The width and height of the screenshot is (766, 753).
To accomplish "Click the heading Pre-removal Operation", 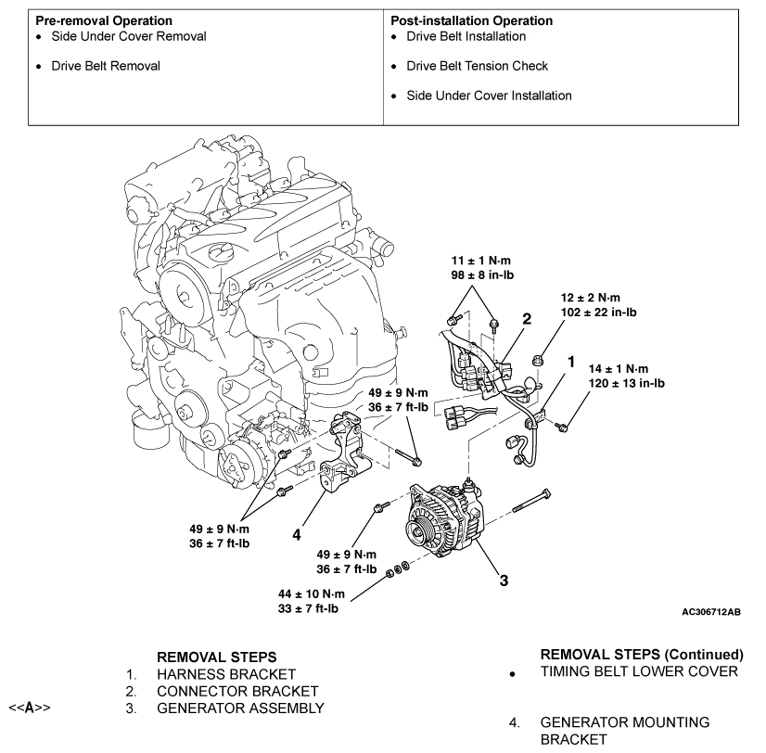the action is point(104,20).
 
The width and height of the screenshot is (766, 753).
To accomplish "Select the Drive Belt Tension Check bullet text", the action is point(477,66).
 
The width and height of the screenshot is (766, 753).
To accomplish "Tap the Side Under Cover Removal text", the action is point(129,36).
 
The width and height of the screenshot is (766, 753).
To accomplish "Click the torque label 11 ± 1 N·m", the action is point(480,261).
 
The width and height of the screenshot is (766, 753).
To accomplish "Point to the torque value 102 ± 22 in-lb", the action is point(598,313).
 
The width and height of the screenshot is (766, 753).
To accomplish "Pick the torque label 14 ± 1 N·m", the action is point(619,369).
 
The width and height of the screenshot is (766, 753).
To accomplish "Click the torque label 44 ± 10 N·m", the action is point(312,594).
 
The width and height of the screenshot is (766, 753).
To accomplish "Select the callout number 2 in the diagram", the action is point(527,319).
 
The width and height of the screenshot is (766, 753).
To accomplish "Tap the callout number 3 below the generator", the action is point(504,581).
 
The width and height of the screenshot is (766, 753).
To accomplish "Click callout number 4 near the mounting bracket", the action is point(297,535).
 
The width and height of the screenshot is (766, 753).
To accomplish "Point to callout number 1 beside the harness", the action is point(571,362).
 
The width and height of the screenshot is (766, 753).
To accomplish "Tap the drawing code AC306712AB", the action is point(711,612).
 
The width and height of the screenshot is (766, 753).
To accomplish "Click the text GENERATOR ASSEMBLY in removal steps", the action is point(240,708).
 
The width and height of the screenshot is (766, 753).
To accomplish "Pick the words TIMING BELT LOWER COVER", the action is point(639,671).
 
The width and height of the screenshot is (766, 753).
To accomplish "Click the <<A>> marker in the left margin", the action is point(30,708).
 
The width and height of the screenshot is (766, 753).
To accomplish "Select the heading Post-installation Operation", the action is point(471,20).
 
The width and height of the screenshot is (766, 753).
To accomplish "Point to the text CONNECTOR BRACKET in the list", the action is point(237,692).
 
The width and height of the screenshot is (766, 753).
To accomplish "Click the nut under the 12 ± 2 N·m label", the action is point(537,361).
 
